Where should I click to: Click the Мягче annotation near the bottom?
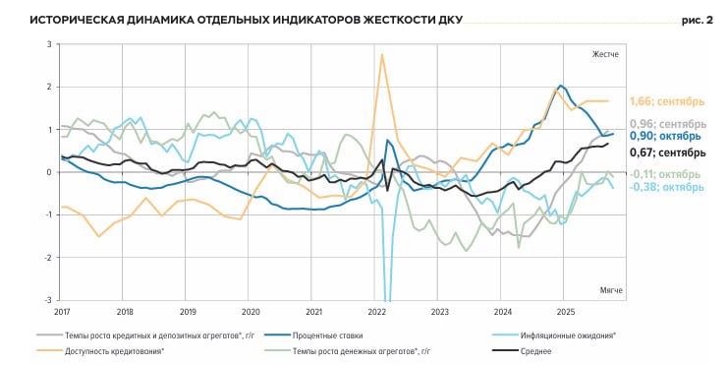click(609, 290)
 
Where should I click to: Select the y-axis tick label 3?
click(48, 44)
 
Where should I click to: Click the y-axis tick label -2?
click(46, 257)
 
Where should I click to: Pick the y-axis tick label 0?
click(48, 172)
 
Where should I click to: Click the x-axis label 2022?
click(376, 312)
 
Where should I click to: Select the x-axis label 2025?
click(565, 312)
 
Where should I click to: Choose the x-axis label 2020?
click(251, 312)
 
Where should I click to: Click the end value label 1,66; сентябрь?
click(666, 101)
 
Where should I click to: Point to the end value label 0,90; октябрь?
click(665, 137)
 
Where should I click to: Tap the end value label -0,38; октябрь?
click(666, 187)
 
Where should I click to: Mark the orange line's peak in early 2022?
click(381, 54)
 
